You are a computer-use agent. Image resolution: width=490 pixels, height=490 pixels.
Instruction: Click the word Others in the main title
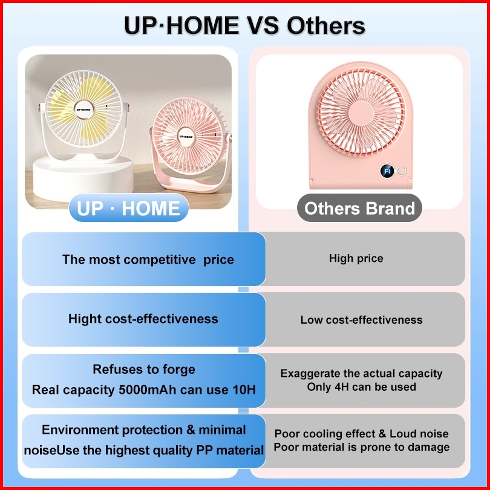325,25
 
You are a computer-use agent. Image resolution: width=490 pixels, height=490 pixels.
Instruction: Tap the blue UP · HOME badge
129,208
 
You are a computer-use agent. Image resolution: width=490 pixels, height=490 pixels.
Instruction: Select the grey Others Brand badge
359,208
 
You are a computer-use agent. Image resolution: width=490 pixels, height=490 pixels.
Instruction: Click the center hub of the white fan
84,109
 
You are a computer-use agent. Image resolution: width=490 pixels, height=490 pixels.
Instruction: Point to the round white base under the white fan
83,177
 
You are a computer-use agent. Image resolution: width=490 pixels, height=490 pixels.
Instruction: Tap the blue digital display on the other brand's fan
387,171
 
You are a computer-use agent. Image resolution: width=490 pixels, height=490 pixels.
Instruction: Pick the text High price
356,258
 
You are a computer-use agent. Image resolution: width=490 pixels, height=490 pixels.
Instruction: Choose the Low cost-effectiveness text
362,319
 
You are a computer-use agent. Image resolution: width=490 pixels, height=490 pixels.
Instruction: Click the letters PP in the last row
204,450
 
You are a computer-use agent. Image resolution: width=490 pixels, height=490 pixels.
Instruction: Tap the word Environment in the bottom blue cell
80,430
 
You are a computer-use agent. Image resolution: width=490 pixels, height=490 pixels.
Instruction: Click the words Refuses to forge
144,370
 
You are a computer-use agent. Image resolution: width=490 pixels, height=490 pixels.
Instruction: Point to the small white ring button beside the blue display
402,171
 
